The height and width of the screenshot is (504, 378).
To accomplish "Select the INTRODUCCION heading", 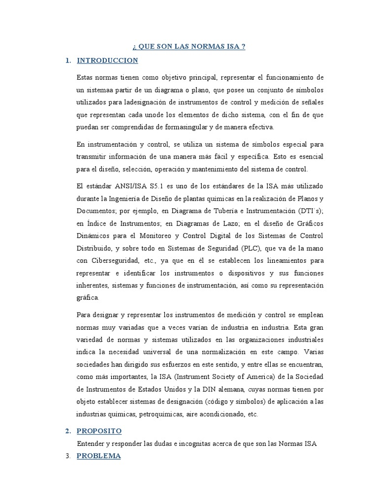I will pos(107,61).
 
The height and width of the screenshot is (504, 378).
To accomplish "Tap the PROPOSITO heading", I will pos(99,431).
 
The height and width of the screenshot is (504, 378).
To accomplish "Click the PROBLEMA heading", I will pos(98,456).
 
